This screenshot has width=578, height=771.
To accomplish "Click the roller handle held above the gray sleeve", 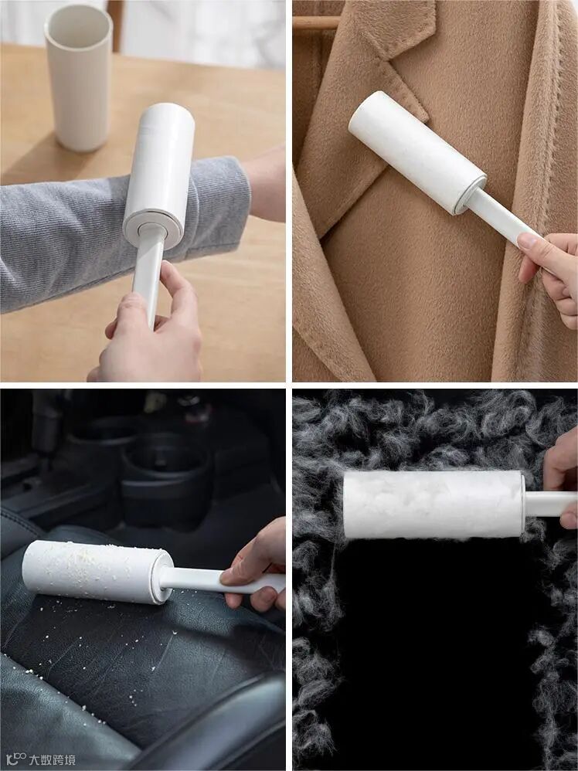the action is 147,280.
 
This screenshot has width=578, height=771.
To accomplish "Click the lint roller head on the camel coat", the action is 416,152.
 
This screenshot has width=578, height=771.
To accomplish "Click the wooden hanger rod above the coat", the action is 317,22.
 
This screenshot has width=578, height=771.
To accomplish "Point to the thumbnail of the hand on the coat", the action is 530,241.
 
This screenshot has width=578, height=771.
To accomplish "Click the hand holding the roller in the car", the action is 257,566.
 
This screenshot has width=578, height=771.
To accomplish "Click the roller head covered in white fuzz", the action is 433,504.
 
